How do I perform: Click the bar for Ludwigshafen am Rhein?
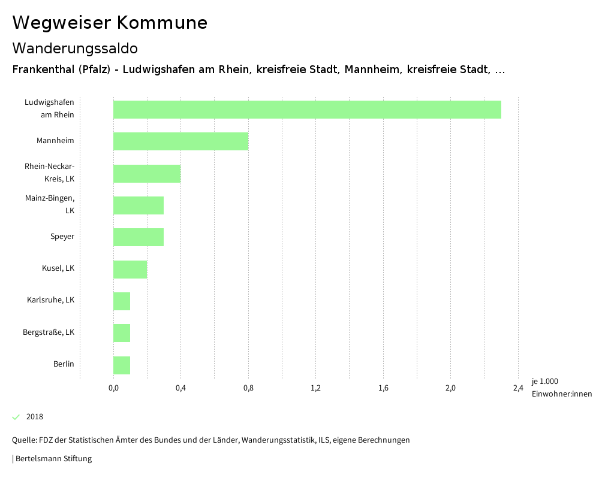point(307,110)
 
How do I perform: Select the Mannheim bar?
point(180,141)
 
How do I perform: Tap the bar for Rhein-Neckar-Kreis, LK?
point(147,174)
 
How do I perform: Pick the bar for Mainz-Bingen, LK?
point(139,205)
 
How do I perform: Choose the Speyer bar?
point(139,237)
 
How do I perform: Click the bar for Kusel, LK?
point(130,270)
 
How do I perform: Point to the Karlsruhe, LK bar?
point(122,301)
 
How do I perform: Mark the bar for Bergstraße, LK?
point(122,333)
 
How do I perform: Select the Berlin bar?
point(122,365)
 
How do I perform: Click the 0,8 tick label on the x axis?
point(248,388)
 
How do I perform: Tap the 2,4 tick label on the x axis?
point(518,388)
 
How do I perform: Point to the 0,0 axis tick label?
point(113,388)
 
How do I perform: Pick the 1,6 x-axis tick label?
point(383,388)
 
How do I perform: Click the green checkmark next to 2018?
point(16,417)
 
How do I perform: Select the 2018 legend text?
point(35,417)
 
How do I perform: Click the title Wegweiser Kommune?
point(110,23)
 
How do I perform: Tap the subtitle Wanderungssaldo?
point(75,48)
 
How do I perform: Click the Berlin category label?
point(64,364)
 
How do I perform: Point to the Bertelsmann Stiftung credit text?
point(52,459)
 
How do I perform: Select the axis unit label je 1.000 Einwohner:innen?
point(561,388)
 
